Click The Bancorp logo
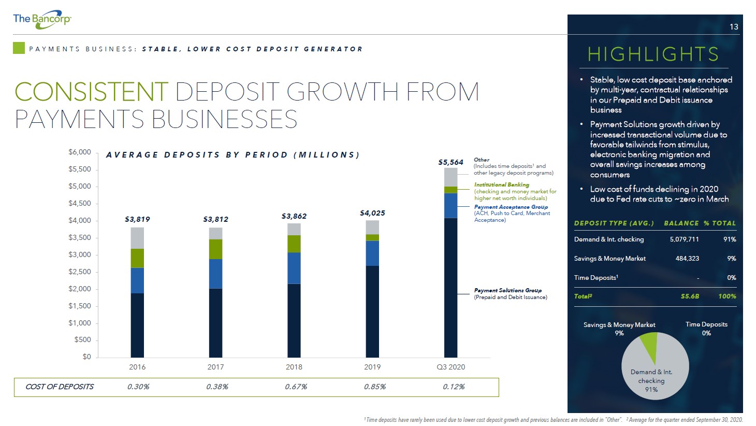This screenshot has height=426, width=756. point(42,19)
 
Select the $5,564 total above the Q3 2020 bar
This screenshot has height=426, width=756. point(450,162)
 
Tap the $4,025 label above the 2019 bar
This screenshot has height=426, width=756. point(372,213)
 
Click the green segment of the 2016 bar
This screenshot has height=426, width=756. point(137,258)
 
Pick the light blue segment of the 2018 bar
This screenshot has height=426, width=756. point(294,268)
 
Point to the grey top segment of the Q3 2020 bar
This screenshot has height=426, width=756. point(450,177)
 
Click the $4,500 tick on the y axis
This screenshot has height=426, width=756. point(80,203)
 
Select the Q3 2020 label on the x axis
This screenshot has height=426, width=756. point(450,367)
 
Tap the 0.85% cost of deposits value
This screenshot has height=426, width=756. point(374,387)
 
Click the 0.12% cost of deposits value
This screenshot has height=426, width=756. point(454,387)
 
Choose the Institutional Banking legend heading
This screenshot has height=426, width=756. point(502,185)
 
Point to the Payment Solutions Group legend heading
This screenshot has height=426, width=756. point(507,291)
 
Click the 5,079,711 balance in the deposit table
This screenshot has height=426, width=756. point(684,239)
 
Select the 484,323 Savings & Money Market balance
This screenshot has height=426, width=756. point(687,259)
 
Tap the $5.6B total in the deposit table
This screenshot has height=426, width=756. point(690,296)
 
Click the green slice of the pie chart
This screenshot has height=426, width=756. point(650,344)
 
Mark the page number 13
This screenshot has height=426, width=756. point(734,26)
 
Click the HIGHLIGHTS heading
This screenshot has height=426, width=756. point(653,54)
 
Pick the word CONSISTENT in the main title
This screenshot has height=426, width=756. point(91,92)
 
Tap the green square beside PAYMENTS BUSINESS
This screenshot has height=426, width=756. point(19,48)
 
